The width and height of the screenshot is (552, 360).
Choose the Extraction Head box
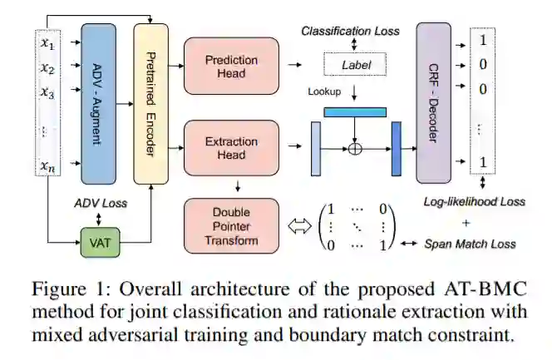click(x=232, y=148)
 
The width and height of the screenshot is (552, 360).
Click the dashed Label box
click(x=355, y=62)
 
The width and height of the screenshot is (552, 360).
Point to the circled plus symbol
click(x=356, y=150)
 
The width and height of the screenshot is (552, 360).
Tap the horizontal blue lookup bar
click(x=356, y=111)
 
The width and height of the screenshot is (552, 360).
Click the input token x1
click(x=47, y=42)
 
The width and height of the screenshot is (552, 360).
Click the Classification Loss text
click(x=350, y=31)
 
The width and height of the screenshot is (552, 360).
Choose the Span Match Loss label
click(x=470, y=244)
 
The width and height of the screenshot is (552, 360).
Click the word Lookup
click(x=324, y=91)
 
